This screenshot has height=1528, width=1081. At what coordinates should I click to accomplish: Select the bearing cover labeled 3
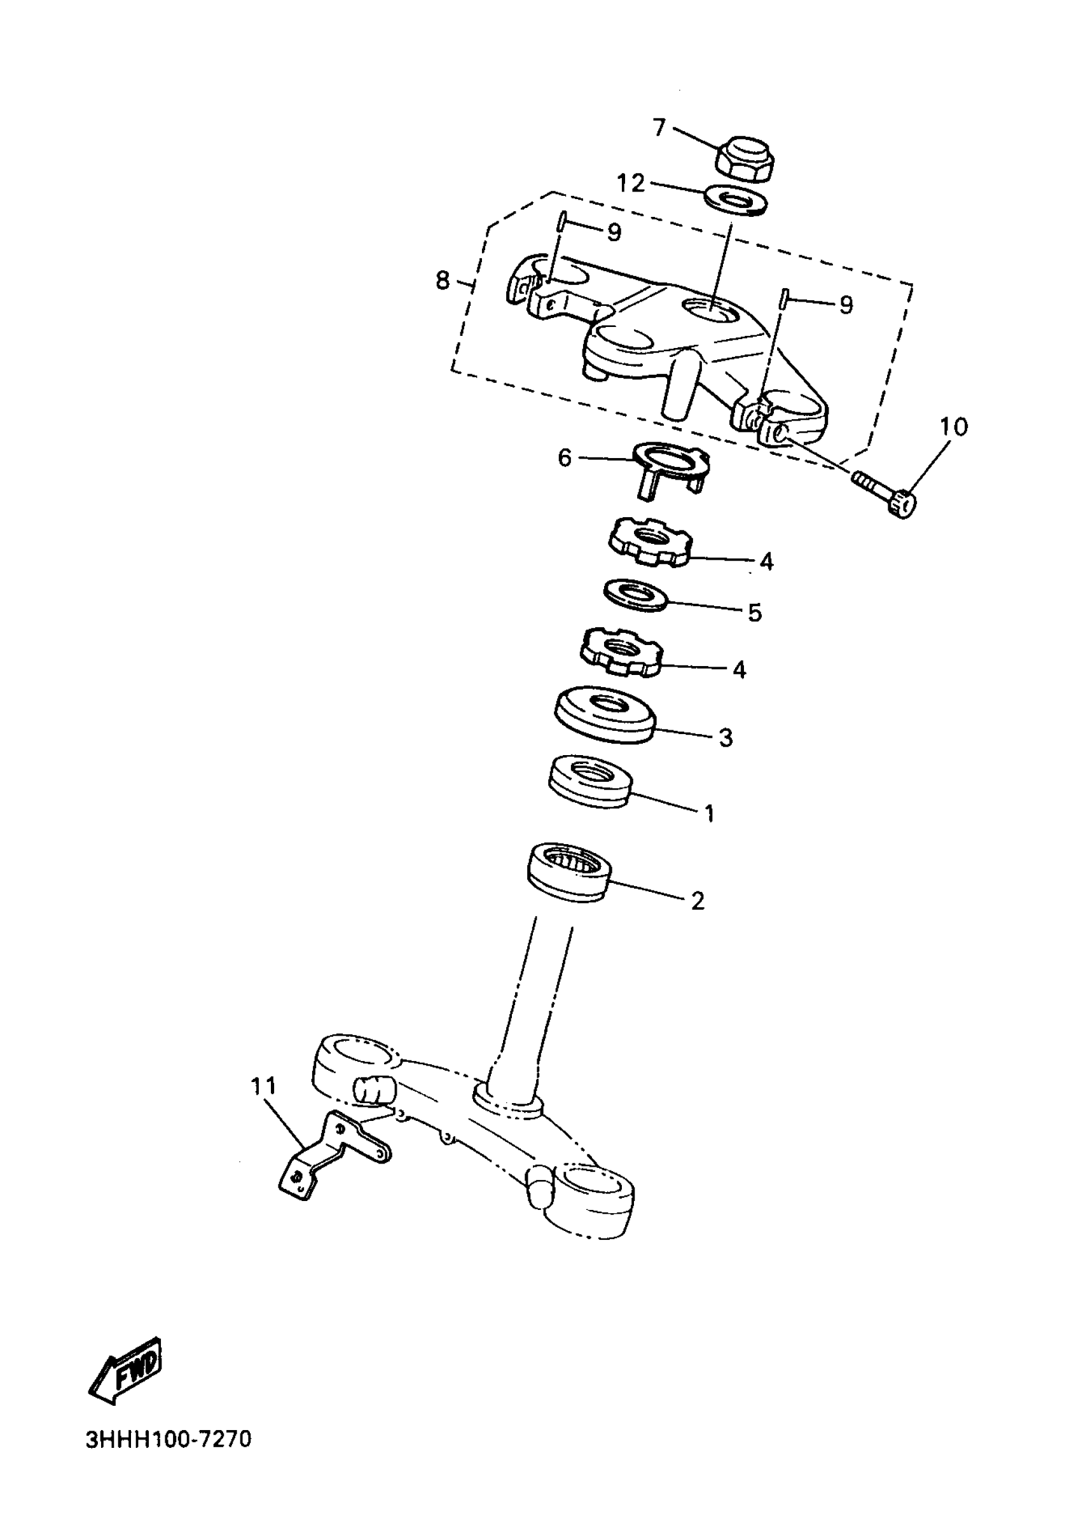[x=604, y=714]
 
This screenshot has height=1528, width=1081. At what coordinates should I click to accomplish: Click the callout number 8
[x=443, y=281]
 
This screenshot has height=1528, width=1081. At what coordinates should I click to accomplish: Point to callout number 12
[x=630, y=183]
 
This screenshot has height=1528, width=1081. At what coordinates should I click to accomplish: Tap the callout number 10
[x=954, y=427]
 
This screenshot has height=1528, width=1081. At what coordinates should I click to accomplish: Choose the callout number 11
[x=264, y=1086]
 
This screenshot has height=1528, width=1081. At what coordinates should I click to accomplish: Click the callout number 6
[x=565, y=458]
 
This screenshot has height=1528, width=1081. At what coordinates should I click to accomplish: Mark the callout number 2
[x=697, y=901]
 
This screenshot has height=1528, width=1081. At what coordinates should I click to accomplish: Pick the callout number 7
[x=659, y=127]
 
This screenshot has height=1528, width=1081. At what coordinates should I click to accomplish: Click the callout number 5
[x=754, y=613]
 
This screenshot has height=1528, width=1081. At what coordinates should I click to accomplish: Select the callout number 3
[x=726, y=738]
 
